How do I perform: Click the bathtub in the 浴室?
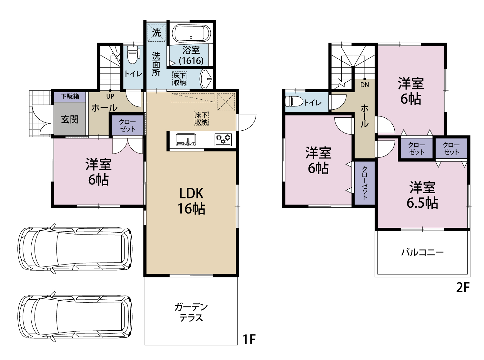[x=191, y=34]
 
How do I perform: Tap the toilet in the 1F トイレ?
[x=133, y=55]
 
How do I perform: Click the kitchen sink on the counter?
[x=186, y=140]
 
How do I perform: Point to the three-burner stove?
[x=223, y=140]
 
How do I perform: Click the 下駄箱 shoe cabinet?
[x=70, y=96]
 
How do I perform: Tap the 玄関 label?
[x=70, y=119]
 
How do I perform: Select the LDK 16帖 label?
[x=191, y=201]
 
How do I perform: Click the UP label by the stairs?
[x=110, y=96]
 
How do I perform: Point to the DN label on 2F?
[x=364, y=85]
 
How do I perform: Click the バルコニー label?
[x=422, y=253]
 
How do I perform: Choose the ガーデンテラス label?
[x=191, y=313]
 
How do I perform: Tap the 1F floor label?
[x=249, y=339]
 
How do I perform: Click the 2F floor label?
[x=463, y=287]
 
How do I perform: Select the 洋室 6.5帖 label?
[x=422, y=195]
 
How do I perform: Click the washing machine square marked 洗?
[x=156, y=33]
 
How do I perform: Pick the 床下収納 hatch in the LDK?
[x=201, y=118]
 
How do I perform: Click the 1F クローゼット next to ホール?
[x=127, y=125]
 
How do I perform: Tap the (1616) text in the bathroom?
[x=191, y=61]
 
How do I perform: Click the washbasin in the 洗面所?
[x=206, y=79]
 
